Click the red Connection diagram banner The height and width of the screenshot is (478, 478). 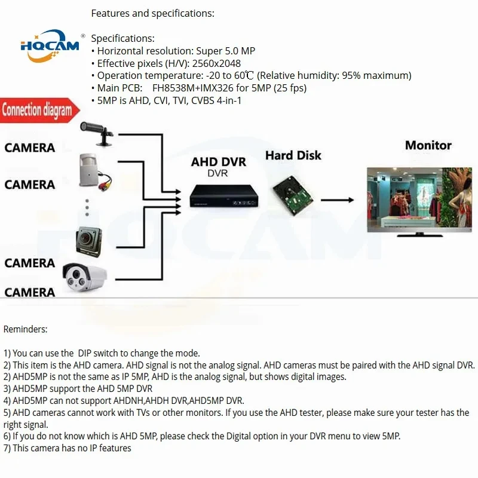coord(38,110)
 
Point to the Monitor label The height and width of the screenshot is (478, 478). coord(428,145)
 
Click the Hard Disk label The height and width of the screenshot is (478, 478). coord(293,155)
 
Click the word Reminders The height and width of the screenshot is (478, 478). coord(25,329)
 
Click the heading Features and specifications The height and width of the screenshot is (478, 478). coord(152,13)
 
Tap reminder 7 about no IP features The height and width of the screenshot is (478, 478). coord(68,448)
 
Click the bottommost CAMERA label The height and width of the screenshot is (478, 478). coord(30,292)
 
